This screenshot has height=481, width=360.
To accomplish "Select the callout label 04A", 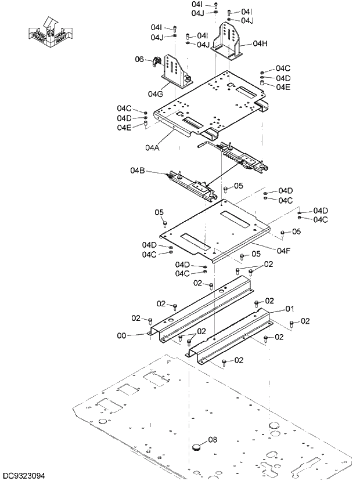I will pos(153,147).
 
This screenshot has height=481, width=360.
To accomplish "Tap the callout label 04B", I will pos(137,171).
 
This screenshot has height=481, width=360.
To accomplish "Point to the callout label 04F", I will pos(283,251).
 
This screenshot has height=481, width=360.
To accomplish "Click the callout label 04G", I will pos(155,93).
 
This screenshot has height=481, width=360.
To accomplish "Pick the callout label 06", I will pos(139,59).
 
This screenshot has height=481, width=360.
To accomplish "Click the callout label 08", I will pos(213,439).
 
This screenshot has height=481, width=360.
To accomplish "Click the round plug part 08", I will pos(197,447).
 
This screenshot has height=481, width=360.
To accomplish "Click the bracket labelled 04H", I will pos(228,41).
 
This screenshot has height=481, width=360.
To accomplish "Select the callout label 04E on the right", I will pos(283,87).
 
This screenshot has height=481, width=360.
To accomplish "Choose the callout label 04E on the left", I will pos(124,127).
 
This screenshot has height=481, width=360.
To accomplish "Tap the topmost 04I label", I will pos(196,4).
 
